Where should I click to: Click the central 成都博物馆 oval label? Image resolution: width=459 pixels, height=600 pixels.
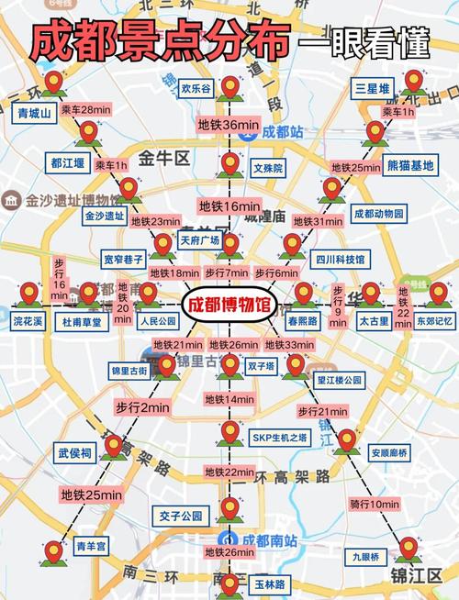click(229, 305)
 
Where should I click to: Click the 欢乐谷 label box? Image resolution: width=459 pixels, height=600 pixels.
click(196, 89)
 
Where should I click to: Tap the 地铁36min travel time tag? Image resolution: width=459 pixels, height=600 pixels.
click(229, 124)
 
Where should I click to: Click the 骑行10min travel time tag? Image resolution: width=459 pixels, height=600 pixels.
click(374, 504)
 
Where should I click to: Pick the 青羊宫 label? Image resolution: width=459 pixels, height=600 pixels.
click(92, 547)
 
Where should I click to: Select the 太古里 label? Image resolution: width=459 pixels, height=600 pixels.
click(374, 322)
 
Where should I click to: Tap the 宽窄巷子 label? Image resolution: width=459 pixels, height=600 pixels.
click(124, 260)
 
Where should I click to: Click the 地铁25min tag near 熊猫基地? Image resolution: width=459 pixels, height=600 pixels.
click(353, 168)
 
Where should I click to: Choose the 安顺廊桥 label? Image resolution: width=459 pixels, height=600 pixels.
click(387, 452)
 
